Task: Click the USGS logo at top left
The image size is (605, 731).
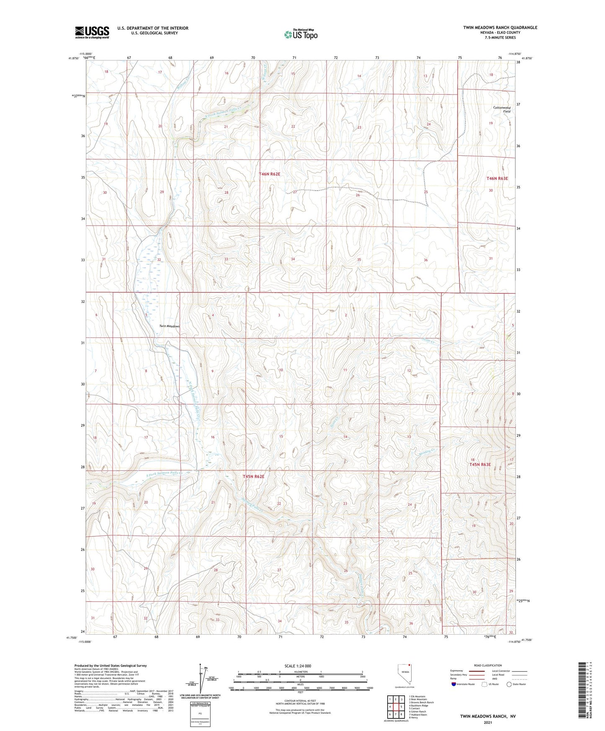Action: point(92,32)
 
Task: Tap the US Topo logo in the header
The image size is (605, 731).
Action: point(300,34)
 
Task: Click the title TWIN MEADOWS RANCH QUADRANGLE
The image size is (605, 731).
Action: point(500,28)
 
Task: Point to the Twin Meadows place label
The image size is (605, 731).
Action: point(170,326)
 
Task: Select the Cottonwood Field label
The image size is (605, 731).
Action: point(502,109)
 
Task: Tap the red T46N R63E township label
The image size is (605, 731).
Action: point(497,178)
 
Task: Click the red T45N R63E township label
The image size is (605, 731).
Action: point(480,465)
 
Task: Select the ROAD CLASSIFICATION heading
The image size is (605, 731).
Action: point(488,665)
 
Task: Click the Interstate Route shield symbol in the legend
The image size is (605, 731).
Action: point(454,684)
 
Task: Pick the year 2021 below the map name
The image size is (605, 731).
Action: point(488,723)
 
